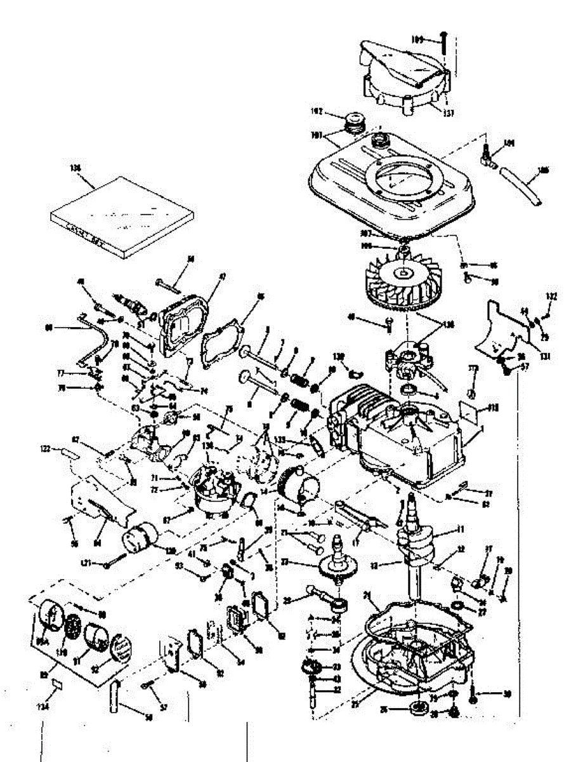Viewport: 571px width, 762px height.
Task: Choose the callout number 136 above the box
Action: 76,168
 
